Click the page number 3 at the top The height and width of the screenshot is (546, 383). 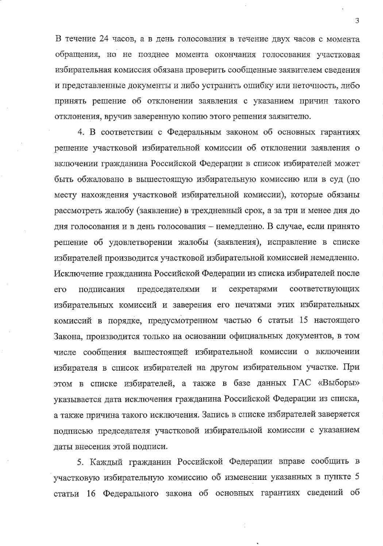tap(357, 21)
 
